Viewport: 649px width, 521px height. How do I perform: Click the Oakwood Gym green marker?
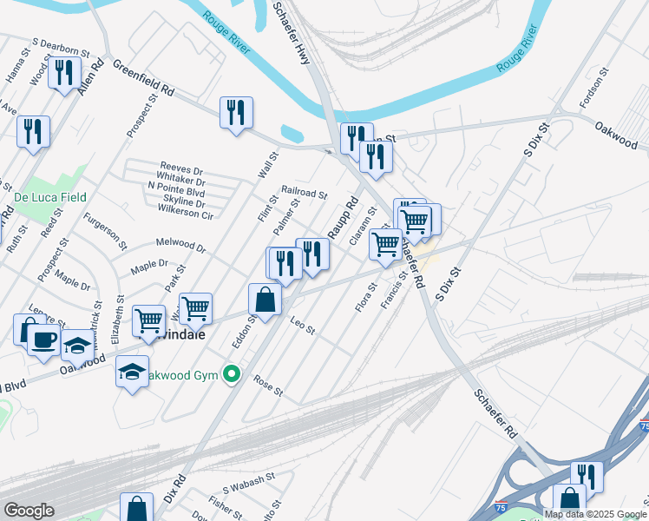pos(231,375)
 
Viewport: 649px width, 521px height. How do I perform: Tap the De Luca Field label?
pos(49,197)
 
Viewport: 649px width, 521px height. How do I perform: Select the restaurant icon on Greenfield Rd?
pos(236,113)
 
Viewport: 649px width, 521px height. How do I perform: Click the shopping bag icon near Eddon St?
pos(265,300)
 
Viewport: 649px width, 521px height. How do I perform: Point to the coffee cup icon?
pos(43,340)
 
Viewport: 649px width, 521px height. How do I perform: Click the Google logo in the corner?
pos(29,511)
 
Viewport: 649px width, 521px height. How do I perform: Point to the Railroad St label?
pos(304,195)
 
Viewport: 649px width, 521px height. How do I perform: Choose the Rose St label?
pos(268,385)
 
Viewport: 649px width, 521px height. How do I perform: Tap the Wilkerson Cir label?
pos(181,214)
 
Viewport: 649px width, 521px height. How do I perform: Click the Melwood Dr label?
pos(180,246)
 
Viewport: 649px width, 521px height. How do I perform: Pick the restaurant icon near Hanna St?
pos(63,73)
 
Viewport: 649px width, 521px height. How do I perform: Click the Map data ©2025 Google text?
pos(595,514)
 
